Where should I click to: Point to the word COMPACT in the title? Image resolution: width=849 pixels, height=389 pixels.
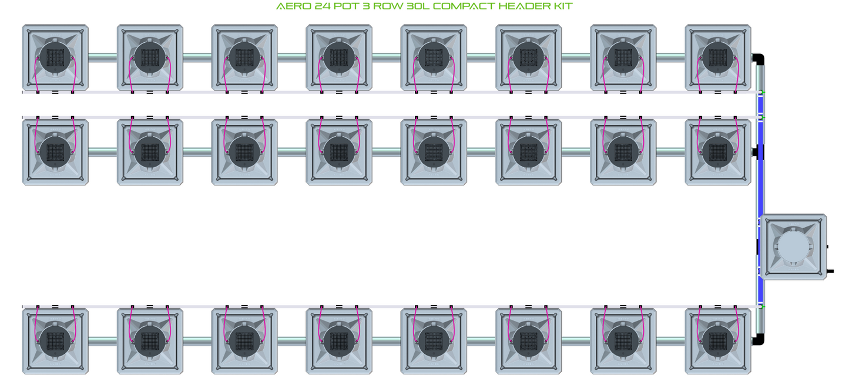[x=464, y=6]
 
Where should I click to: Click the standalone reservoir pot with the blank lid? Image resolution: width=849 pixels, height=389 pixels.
[x=794, y=247]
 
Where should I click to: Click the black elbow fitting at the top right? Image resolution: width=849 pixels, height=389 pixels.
[x=758, y=59]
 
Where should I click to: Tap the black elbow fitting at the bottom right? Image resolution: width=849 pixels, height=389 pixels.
[x=758, y=340]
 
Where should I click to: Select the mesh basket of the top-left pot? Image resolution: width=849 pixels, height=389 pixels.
[x=55, y=57]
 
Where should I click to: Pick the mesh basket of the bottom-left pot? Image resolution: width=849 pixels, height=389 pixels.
[x=55, y=341]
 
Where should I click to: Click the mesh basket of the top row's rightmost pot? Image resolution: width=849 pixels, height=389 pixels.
[x=718, y=57]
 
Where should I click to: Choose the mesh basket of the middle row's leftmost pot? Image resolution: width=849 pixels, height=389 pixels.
[x=55, y=152]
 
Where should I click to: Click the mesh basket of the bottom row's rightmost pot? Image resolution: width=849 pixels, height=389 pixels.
[x=718, y=341]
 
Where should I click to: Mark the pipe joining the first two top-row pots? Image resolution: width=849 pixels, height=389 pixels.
[x=103, y=57]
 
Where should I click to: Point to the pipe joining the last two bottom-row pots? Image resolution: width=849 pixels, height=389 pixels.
[x=670, y=341]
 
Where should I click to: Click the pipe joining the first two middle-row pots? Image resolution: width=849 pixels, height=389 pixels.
[x=103, y=152]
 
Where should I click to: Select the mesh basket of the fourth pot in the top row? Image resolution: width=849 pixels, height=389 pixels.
[x=339, y=57]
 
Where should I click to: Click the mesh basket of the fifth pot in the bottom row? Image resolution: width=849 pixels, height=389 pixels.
[x=434, y=341]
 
